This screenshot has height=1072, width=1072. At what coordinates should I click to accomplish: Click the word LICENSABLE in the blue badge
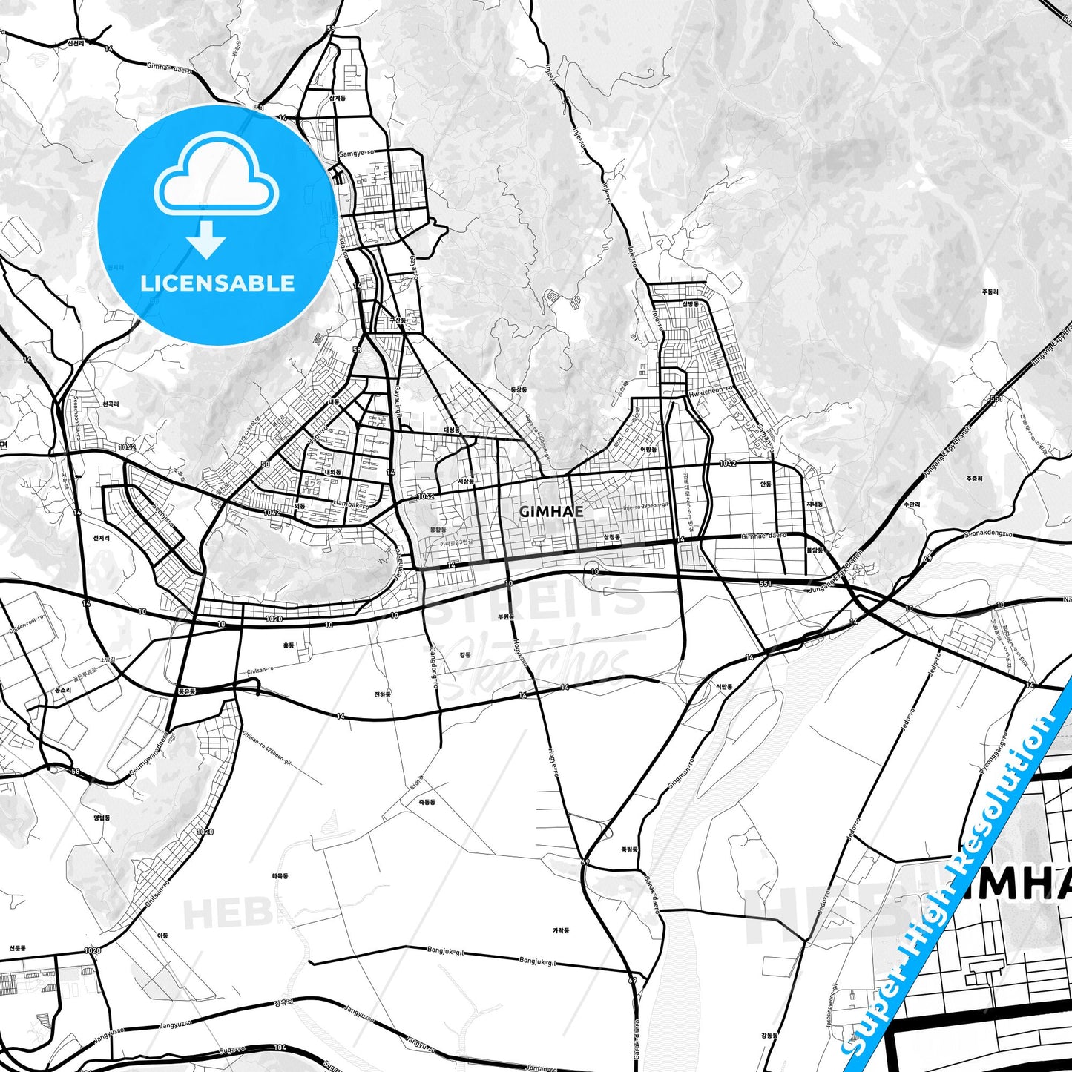pos(217,283)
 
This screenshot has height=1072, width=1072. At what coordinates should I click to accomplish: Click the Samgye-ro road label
pos(356,154)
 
